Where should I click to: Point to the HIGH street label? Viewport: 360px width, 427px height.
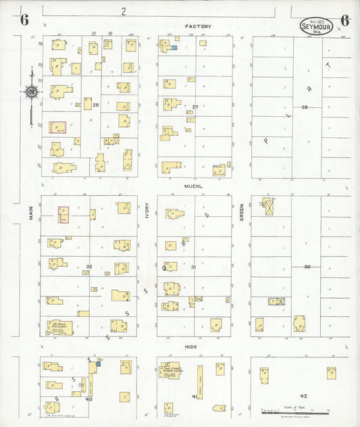(190, 346)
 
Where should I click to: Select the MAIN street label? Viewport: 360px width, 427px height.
(31, 213)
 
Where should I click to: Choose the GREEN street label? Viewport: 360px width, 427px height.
(241, 213)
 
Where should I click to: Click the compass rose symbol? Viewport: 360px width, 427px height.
(31, 92)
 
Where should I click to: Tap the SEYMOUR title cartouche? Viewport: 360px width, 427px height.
(316, 26)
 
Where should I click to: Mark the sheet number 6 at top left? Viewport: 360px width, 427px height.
(24, 19)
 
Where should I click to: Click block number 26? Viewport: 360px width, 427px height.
(96, 105)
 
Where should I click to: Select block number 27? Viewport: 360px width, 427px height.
(195, 107)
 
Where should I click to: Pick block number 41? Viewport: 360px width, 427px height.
(194, 396)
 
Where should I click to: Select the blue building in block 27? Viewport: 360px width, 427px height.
(174, 48)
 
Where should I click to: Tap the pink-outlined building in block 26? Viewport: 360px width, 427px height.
(57, 128)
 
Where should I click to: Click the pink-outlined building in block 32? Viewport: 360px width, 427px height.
(63, 214)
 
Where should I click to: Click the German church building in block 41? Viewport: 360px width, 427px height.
(170, 370)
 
